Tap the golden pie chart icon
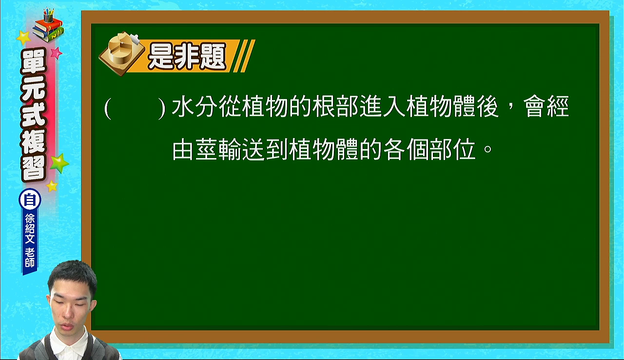tap(122, 53)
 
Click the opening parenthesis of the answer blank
tap(108, 109)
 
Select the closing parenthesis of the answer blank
tap(161, 109)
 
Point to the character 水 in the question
tap(183, 107)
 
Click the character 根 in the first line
tap(323, 107)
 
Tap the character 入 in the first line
tap(394, 107)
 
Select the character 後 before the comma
tap(487, 107)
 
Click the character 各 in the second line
tap(394, 150)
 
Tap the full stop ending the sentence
tap(488, 148)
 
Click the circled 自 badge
tap(30, 200)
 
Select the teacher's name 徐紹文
tap(30, 228)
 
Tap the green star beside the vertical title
tap(59, 163)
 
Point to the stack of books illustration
tap(48, 26)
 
